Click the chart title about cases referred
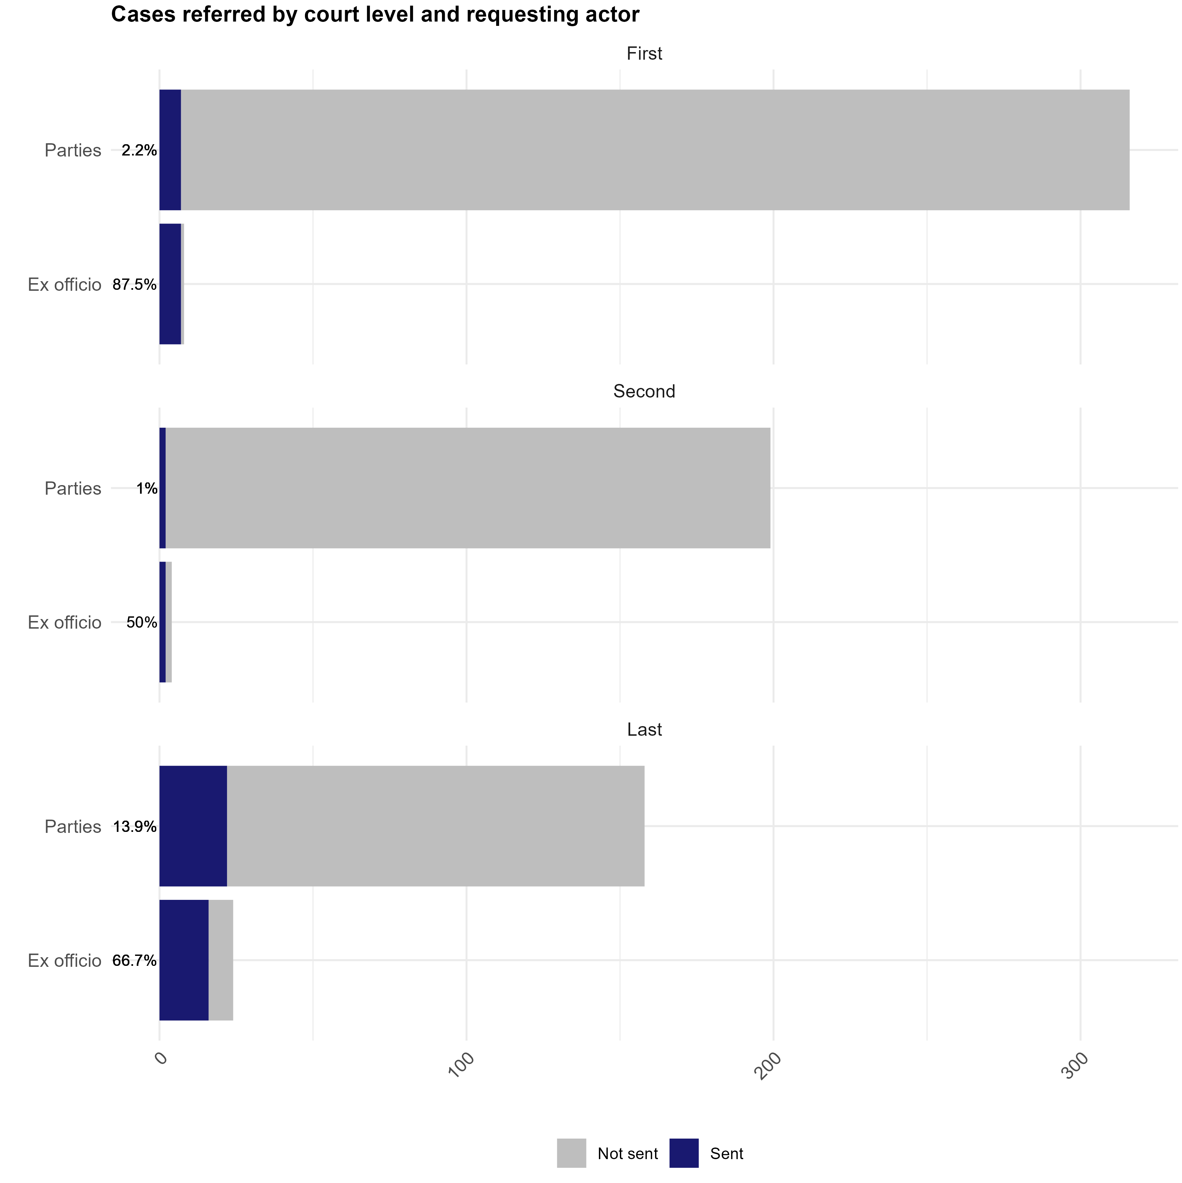pos(375,15)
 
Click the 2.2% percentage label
pos(139,150)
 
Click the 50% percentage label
pos(142,623)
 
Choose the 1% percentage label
pos(147,489)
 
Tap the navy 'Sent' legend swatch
pos(684,1153)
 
